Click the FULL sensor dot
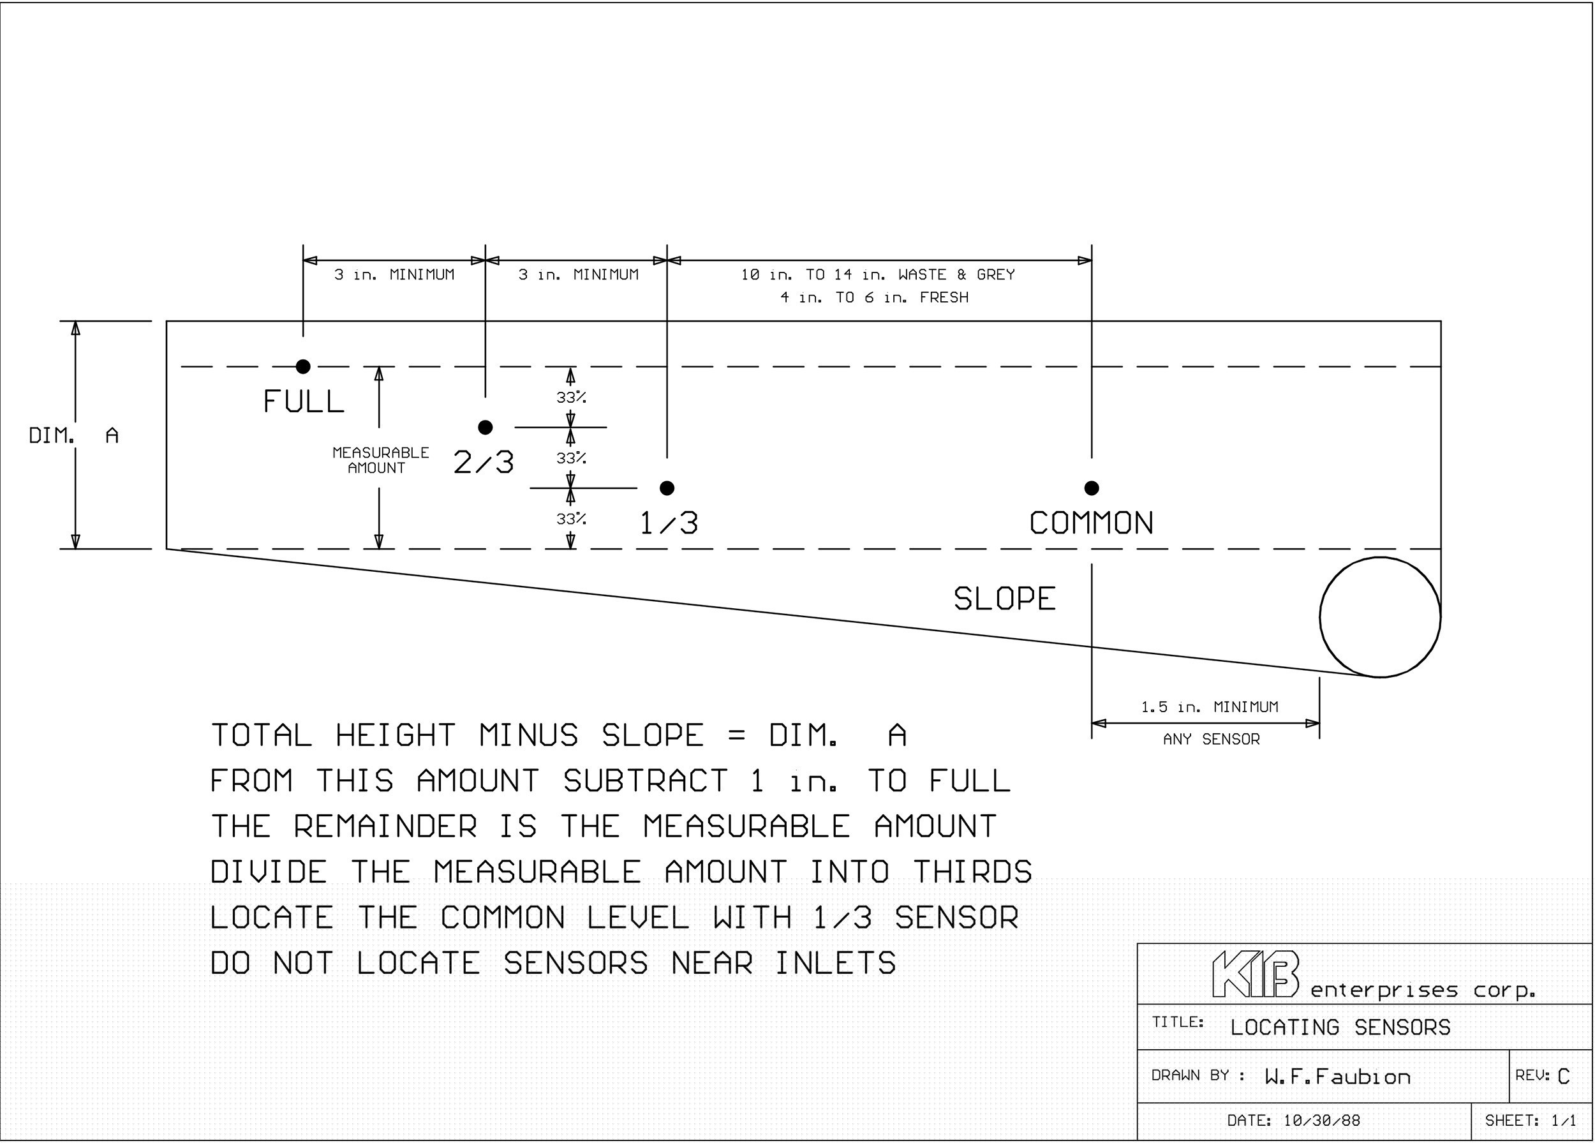[303, 366]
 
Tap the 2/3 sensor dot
[486, 427]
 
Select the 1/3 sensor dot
[667, 488]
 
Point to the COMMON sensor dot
[1092, 488]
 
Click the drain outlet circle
[1320, 617]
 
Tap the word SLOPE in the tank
[1004, 599]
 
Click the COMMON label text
[1092, 523]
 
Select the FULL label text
[304, 401]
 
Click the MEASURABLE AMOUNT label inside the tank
[380, 460]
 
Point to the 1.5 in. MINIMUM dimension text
[1210, 707]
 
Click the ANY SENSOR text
[1211, 739]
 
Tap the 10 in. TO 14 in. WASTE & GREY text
[878, 274]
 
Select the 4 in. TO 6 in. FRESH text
[874, 297]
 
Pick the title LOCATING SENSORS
[1340, 1027]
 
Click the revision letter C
[1563, 1077]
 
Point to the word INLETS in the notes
[836, 963]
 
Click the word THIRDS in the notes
[972, 872]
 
